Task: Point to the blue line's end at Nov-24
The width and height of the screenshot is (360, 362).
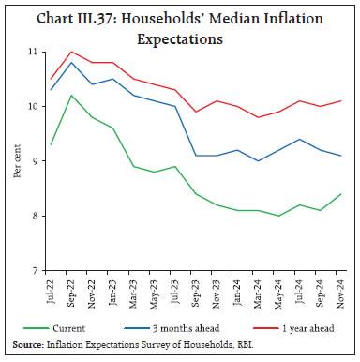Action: (x=338, y=156)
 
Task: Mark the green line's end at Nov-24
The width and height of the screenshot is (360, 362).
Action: (x=338, y=194)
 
